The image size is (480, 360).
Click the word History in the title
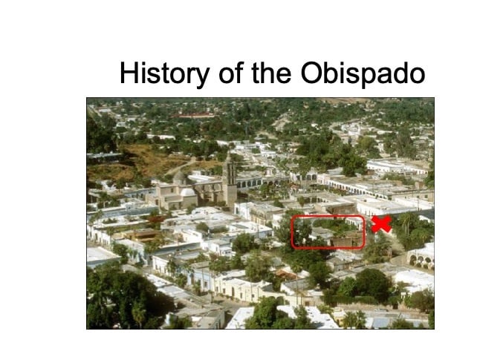point(164,73)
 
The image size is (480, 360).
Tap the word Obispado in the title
point(363,73)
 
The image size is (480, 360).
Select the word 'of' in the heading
point(231,73)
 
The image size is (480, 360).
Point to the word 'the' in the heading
point(271,73)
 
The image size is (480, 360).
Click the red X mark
point(381,224)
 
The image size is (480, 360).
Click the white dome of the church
point(188,192)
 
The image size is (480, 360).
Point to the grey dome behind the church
point(179,177)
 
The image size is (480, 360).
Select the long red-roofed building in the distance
point(193,116)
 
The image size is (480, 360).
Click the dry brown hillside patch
point(147,162)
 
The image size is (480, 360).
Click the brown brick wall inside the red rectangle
point(348,240)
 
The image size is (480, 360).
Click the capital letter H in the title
point(129,73)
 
